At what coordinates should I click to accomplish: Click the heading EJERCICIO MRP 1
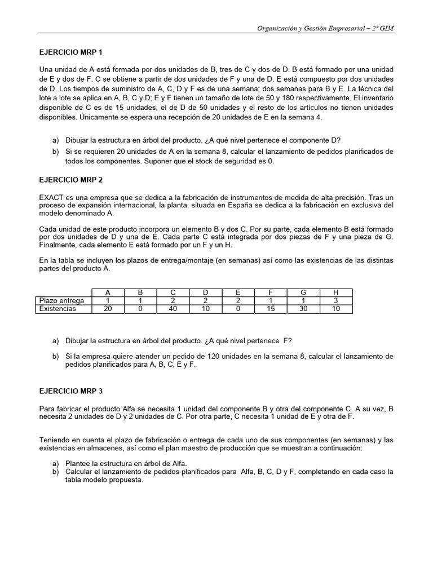pyautogui.click(x=70, y=52)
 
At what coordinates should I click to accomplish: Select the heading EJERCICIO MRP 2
pyautogui.click(x=70, y=180)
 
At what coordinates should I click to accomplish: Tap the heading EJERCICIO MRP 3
pyautogui.click(x=70, y=390)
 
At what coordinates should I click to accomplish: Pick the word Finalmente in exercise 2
pyautogui.click(x=57, y=245)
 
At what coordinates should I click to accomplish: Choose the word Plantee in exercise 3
pyautogui.click(x=79, y=463)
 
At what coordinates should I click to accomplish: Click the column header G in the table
pyautogui.click(x=303, y=292)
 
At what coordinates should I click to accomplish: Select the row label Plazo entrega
pyautogui.click(x=61, y=300)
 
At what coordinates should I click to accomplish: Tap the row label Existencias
pyautogui.click(x=58, y=309)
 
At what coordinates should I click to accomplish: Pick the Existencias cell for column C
pyautogui.click(x=173, y=309)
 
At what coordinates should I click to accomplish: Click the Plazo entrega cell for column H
pyautogui.click(x=336, y=300)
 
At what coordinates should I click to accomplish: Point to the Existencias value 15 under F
pyautogui.click(x=271, y=309)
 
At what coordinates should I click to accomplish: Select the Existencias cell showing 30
pyautogui.click(x=303, y=309)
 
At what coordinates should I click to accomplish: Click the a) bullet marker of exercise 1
pyautogui.click(x=55, y=140)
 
